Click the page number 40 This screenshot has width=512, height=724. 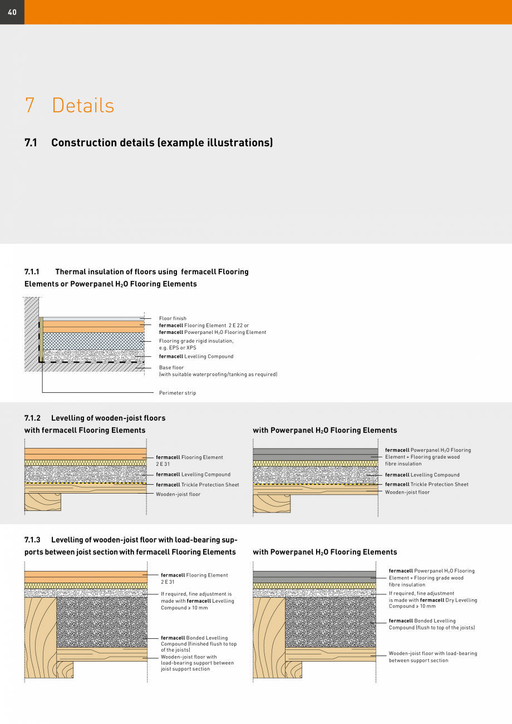click(x=12, y=12)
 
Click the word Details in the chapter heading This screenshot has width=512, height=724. click(x=83, y=105)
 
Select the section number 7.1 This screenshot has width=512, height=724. click(x=31, y=142)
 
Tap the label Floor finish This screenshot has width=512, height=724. click(x=173, y=318)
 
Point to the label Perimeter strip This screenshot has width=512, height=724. click(x=178, y=393)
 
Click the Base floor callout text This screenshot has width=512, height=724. click(x=171, y=368)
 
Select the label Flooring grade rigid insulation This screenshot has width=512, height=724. click(x=196, y=341)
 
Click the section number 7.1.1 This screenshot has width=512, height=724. click(x=32, y=272)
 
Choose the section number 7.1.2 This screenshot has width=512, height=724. click(x=32, y=418)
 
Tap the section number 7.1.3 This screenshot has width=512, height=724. click(x=32, y=540)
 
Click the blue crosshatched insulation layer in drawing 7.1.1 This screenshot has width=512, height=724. click(x=93, y=341)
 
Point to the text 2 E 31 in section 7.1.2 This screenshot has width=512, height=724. click(x=163, y=464)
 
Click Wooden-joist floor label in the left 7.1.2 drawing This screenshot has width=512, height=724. click(x=178, y=494)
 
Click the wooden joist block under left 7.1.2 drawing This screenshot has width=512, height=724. click(x=42, y=502)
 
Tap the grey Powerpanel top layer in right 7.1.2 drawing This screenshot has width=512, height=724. click(x=315, y=454)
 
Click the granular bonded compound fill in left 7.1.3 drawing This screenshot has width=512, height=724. click(x=102, y=622)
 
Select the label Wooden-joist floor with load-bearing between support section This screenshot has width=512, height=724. click(x=432, y=657)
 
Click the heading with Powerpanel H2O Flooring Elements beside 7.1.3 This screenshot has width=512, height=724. click(x=325, y=552)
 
